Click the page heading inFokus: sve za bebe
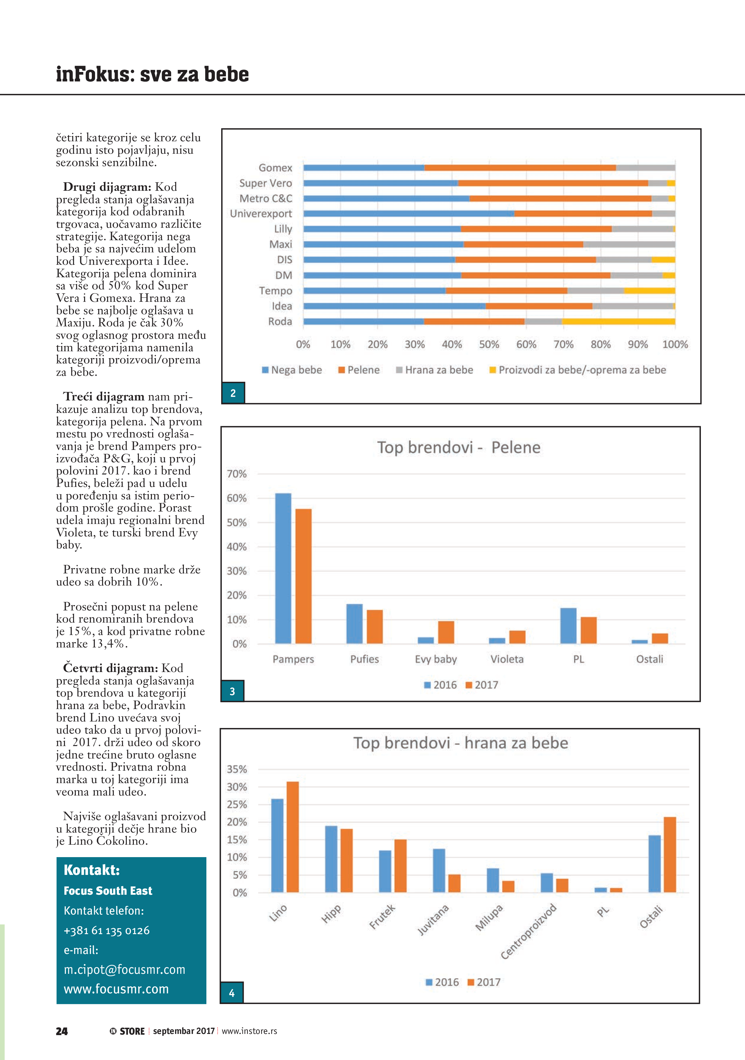[x=152, y=74]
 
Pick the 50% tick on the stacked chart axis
[x=489, y=344]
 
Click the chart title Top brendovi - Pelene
[x=458, y=447]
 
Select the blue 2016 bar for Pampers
[x=283, y=568]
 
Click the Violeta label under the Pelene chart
[x=507, y=659]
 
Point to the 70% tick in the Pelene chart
[x=237, y=474]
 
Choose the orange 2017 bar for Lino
[x=293, y=837]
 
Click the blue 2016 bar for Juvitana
[x=439, y=870]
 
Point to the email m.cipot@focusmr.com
[x=124, y=969]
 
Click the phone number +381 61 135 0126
[x=107, y=930]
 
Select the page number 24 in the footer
[x=62, y=1031]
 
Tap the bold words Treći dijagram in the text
[x=104, y=397]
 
